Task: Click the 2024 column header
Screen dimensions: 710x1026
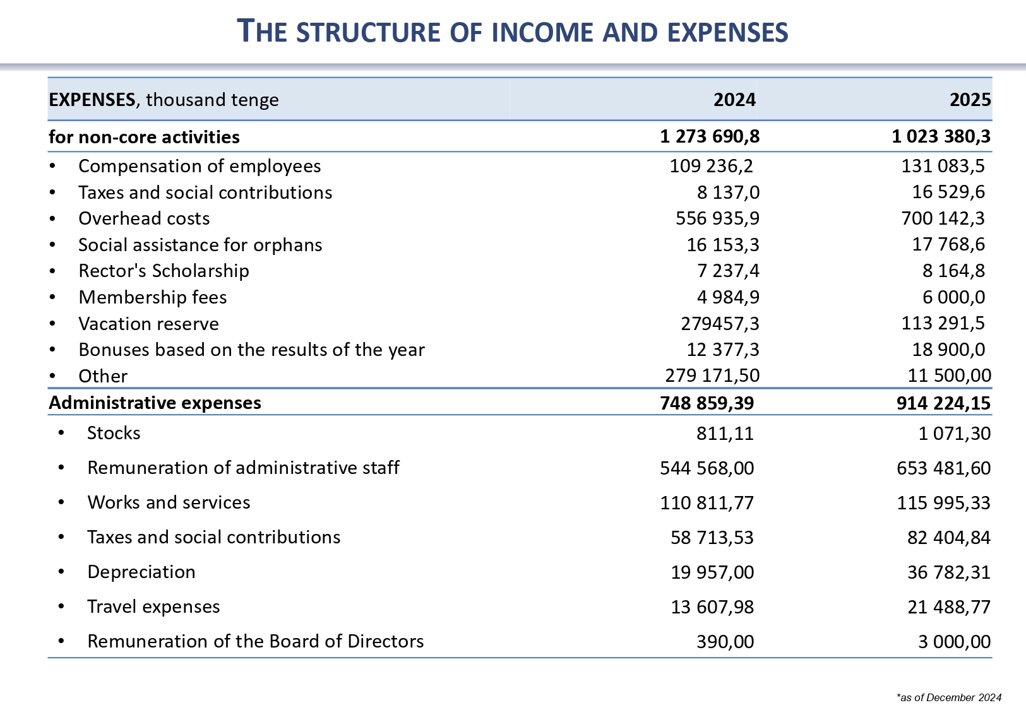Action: [x=734, y=100]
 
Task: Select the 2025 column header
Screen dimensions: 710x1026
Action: [x=970, y=100]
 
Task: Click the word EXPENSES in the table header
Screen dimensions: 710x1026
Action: [x=92, y=100]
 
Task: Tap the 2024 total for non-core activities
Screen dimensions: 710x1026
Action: [x=710, y=136]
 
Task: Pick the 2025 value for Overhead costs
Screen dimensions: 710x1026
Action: [x=943, y=218]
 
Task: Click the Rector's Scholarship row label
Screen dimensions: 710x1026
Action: [x=164, y=271]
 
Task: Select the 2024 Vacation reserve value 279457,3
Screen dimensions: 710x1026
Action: [x=720, y=324]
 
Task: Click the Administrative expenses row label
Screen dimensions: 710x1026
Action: [x=155, y=403]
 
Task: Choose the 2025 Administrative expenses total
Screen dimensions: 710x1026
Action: [x=943, y=403]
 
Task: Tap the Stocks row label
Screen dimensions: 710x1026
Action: [x=114, y=433]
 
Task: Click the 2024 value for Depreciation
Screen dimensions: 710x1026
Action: [x=712, y=572]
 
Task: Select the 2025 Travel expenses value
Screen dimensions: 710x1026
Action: [x=949, y=607]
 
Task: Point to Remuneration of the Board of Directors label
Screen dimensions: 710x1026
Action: [x=255, y=641]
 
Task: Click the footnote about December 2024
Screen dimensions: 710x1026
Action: [x=948, y=697]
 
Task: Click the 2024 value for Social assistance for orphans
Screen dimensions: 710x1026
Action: [x=723, y=245]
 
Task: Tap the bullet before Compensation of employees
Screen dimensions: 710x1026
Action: [x=52, y=166]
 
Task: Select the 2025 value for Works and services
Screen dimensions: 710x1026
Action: [x=943, y=503]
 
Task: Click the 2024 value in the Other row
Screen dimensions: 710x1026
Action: [x=712, y=376]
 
